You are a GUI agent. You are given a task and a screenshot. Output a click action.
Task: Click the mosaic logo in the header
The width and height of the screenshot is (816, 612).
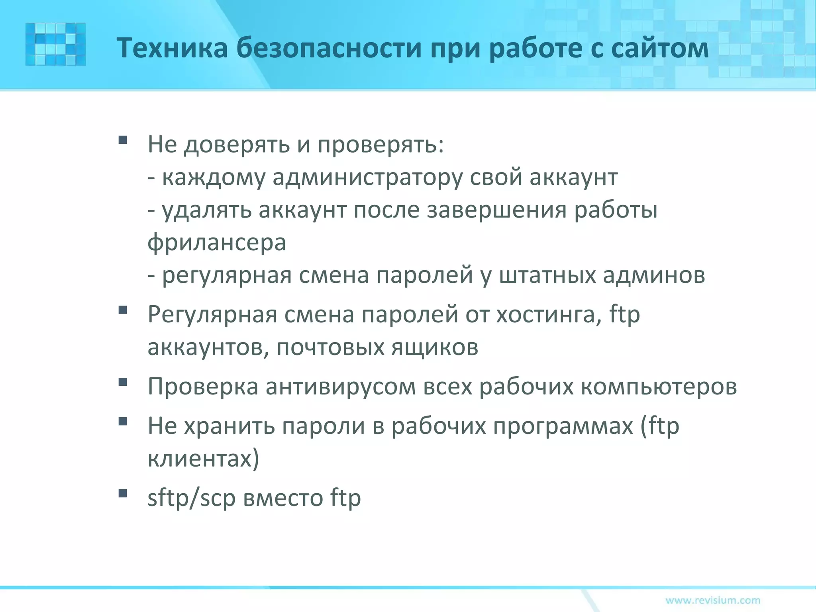tap(55, 44)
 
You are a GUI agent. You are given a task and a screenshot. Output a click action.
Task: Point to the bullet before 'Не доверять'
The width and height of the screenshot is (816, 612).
tap(123, 140)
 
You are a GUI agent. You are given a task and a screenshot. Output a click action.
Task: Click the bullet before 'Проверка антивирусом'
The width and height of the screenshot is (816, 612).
tap(123, 382)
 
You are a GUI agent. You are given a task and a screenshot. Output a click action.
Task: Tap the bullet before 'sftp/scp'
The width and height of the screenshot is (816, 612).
tap(123, 494)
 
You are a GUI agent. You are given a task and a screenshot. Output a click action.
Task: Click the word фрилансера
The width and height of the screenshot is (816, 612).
tap(217, 243)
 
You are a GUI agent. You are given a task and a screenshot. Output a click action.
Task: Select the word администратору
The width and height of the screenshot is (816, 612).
tap(367, 178)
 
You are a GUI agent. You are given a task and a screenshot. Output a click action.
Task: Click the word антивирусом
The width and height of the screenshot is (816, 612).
tap(341, 386)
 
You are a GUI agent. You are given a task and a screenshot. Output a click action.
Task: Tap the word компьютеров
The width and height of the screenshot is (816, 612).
tap(659, 386)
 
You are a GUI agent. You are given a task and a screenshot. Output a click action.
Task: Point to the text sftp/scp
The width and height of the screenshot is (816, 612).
tap(191, 498)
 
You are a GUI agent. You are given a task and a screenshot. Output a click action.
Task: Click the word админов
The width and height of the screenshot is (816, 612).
tap(654, 275)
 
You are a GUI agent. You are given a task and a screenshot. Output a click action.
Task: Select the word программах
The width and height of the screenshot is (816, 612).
tap(563, 426)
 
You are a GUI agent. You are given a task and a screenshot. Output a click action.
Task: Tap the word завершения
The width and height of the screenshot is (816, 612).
tap(496, 210)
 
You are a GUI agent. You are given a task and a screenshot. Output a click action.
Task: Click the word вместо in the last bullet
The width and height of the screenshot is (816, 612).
tap(282, 498)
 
